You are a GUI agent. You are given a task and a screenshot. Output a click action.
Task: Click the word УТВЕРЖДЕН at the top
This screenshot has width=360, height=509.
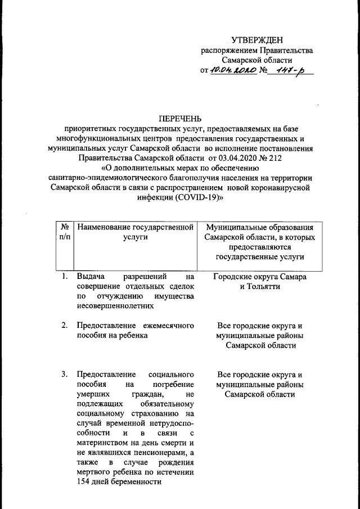coord(258,40)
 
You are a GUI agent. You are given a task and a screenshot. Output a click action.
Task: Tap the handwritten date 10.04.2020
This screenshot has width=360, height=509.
coord(233,71)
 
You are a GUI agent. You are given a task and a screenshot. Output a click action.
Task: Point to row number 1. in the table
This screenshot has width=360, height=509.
coord(65,276)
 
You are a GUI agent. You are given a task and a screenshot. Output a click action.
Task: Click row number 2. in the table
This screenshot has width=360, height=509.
coord(65,325)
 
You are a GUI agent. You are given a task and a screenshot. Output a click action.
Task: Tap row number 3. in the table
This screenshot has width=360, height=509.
coord(65,375)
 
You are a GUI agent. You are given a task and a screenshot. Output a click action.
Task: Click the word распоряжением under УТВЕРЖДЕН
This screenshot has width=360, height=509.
coord(229,51)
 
